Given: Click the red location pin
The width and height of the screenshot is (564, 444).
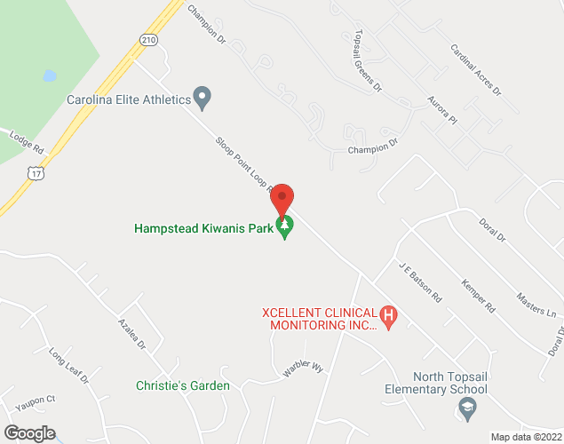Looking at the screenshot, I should coord(282,199).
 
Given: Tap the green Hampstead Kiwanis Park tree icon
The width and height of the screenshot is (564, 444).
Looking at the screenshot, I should coord(285,228).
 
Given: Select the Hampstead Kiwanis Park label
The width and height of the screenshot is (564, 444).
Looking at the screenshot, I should coord(205,228).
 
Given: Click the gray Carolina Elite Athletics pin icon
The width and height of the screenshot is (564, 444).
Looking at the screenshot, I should coord(203,97).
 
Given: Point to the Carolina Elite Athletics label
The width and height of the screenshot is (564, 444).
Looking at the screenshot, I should coord(129,99).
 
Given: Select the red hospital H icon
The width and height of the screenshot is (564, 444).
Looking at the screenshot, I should coord(387,314).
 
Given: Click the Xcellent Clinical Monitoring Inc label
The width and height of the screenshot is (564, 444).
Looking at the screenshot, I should coord(321,319).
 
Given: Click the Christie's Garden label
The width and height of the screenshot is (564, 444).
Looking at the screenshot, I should coord(183,385).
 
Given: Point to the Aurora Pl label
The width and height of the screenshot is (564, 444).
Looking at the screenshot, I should coord(441,111).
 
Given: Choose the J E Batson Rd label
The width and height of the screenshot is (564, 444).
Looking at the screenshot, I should coord(420,282).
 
